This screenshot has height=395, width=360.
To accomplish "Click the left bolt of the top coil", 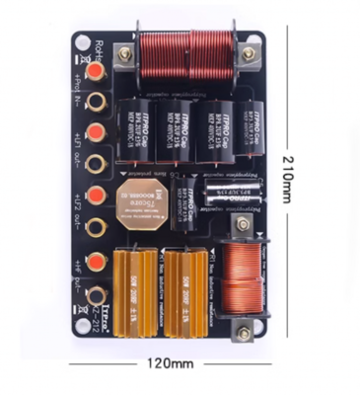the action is (x=126, y=54).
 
